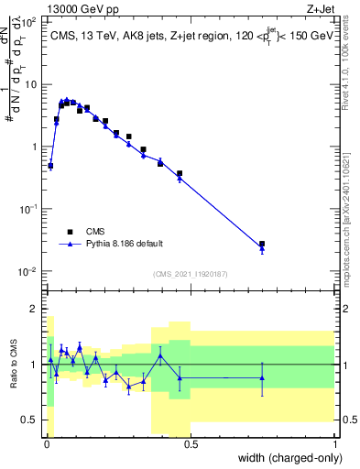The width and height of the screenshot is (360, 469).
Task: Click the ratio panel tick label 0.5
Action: (29, 420)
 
